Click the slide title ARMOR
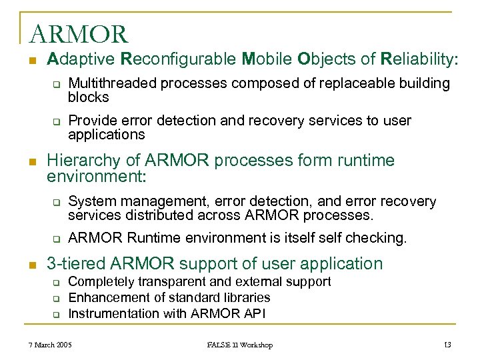(x=78, y=33)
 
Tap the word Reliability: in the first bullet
(x=419, y=59)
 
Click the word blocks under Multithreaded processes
(x=89, y=97)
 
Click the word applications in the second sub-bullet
(x=106, y=135)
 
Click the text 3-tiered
(x=76, y=263)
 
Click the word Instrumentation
(x=112, y=313)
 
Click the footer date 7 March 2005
(x=50, y=345)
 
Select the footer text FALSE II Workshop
(x=239, y=345)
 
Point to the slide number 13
(x=447, y=345)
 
